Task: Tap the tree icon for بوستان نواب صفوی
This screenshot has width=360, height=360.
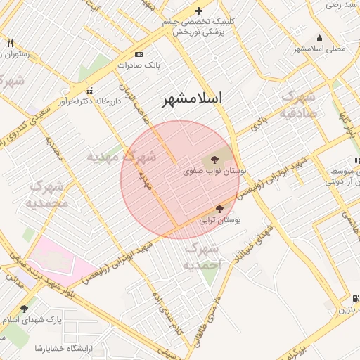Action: [214, 158]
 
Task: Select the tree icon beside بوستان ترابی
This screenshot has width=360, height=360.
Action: [219, 209]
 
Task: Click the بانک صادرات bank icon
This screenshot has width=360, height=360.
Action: [139, 54]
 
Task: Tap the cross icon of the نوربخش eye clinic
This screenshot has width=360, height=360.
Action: [199, 11]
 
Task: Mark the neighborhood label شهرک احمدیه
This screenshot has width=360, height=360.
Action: [203, 257]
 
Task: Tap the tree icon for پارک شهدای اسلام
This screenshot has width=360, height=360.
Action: [25, 309]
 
